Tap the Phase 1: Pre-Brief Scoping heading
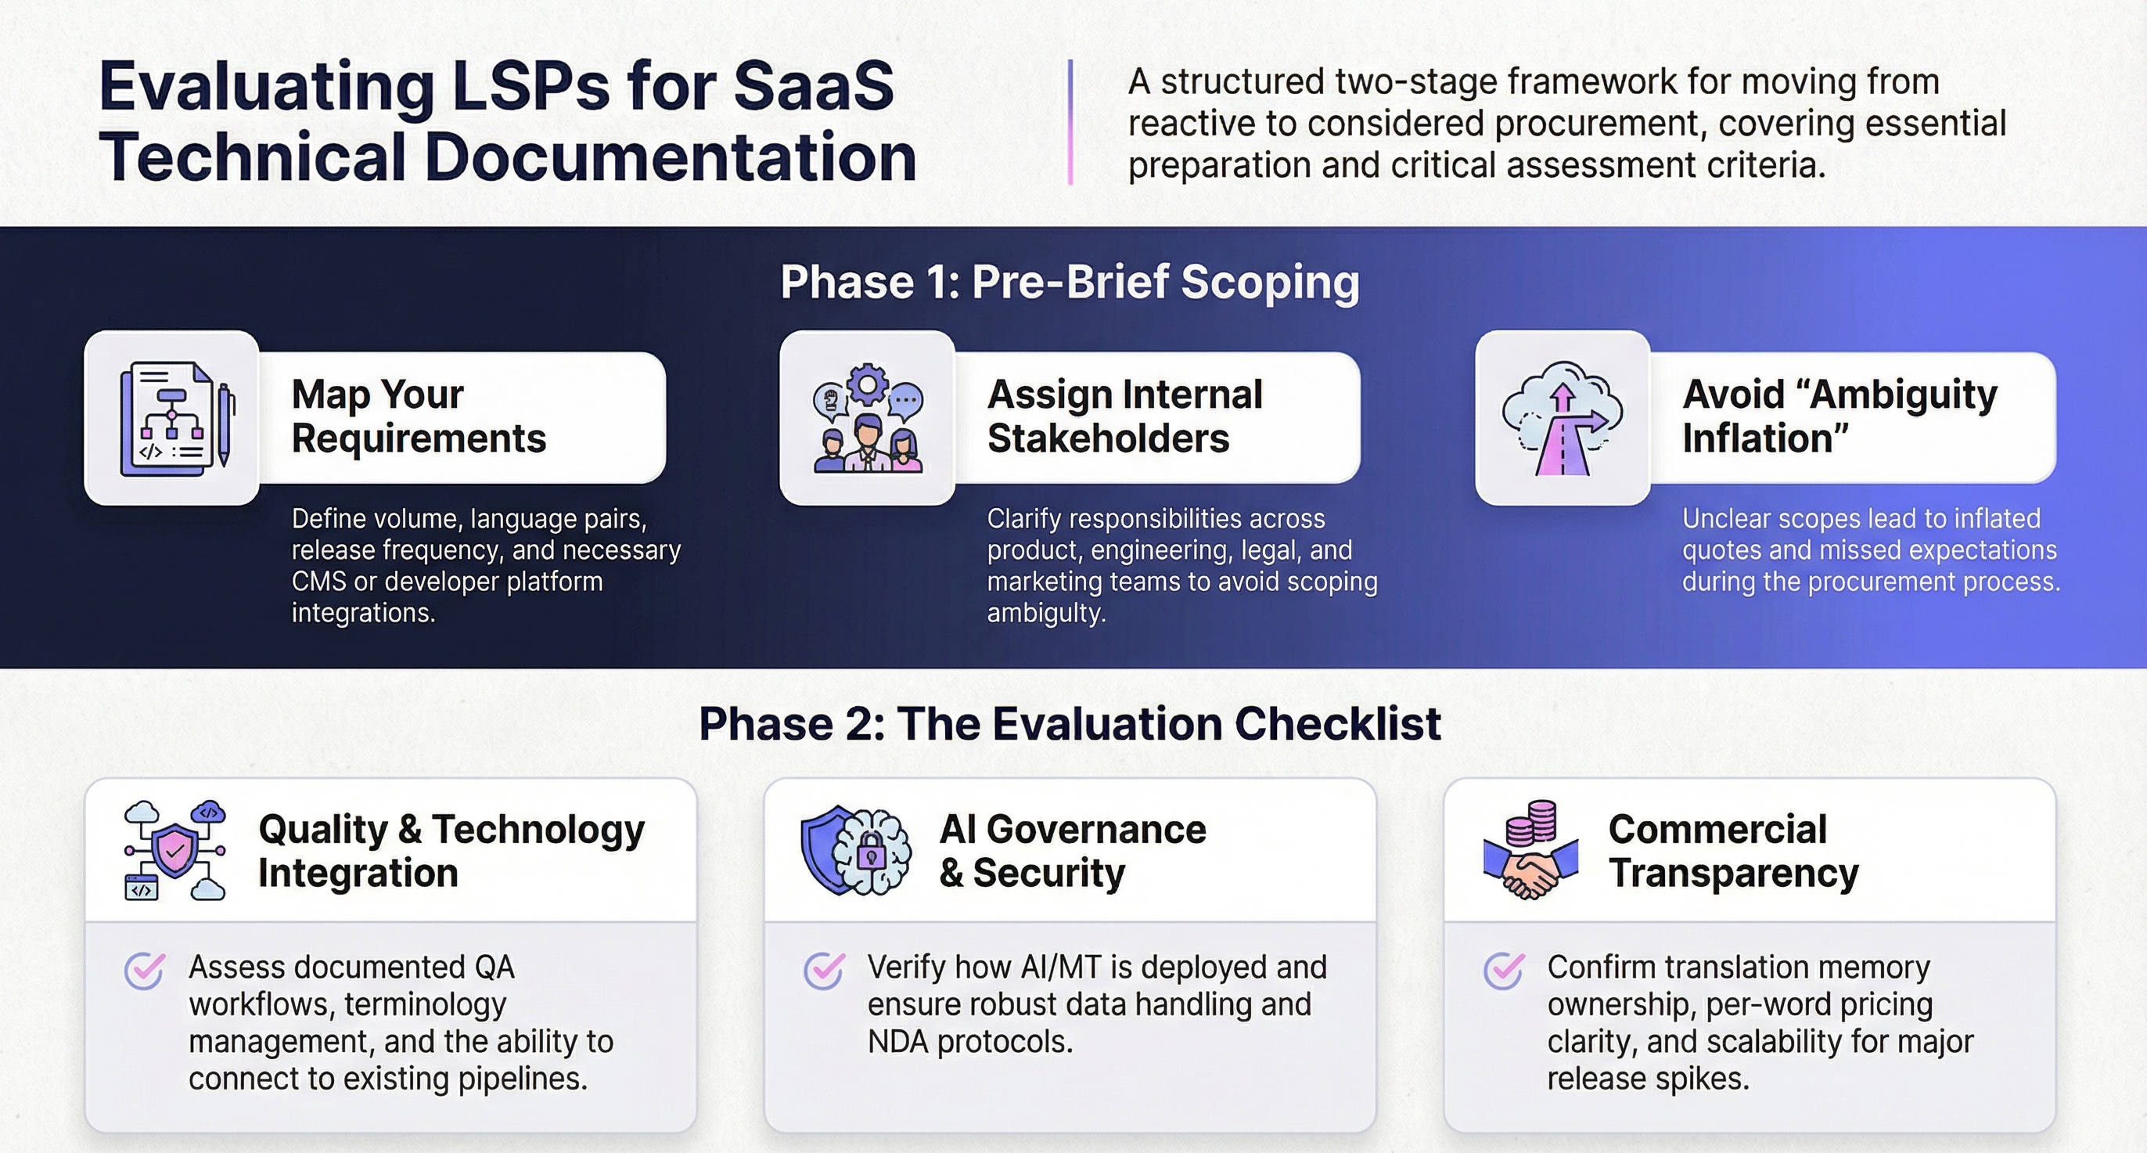[1070, 282]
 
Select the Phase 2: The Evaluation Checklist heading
[1070, 723]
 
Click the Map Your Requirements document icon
[171, 418]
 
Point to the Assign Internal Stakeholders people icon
[867, 418]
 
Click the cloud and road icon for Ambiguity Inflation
[1562, 418]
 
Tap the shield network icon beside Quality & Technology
[175, 850]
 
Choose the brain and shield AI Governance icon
[856, 850]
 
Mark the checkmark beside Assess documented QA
[144, 971]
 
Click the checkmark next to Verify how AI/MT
[823, 971]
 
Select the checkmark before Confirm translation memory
[1504, 971]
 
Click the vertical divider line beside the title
[1070, 122]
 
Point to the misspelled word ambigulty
[1046, 614]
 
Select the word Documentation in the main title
[671, 157]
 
